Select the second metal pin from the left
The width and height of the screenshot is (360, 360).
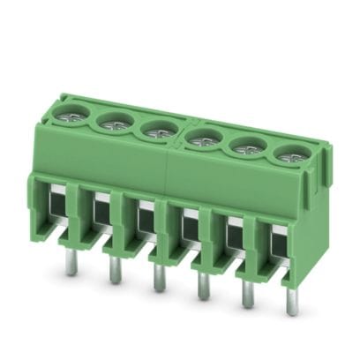pyautogui.click(x=114, y=273)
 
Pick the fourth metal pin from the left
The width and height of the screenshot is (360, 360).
pyautogui.click(x=202, y=289)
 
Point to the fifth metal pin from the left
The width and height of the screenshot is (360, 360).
pyautogui.click(x=246, y=298)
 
